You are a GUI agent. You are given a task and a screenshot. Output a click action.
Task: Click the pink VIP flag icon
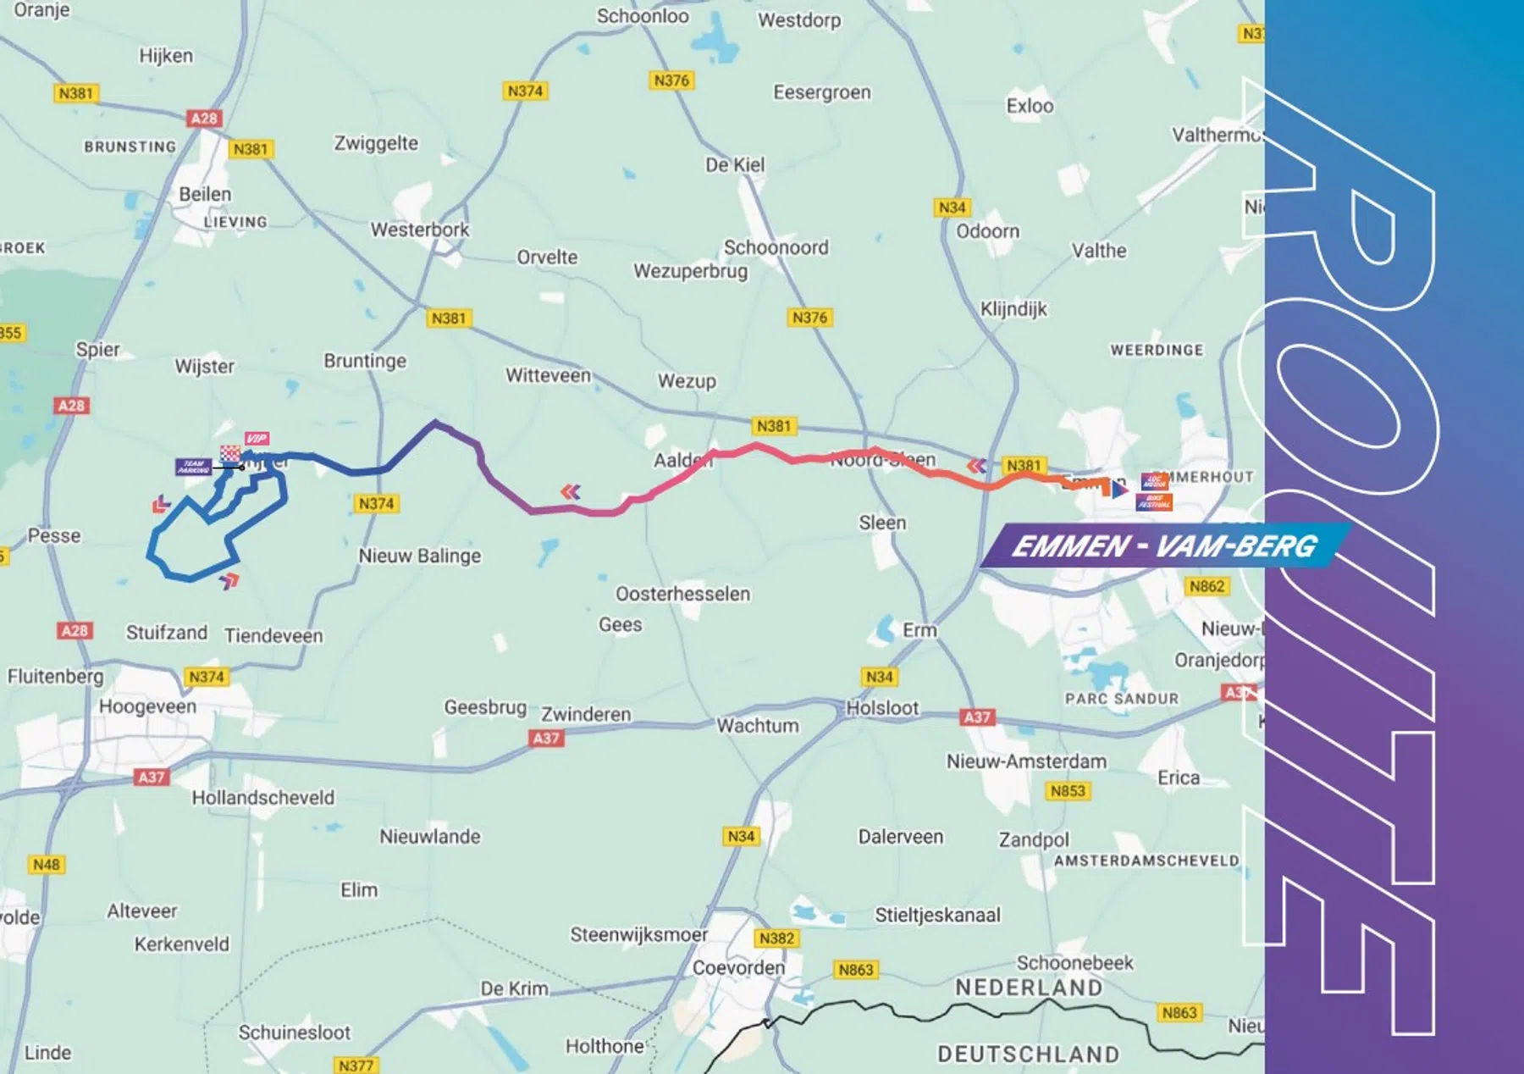click(x=257, y=438)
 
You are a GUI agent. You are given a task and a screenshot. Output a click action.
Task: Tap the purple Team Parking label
click(x=193, y=467)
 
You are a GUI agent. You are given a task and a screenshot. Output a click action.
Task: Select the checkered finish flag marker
click(x=230, y=454)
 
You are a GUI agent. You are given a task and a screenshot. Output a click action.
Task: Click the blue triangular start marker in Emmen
click(x=1119, y=490)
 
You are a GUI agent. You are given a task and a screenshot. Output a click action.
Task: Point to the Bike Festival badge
click(x=1154, y=501)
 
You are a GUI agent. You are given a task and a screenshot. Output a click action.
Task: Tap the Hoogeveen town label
click(x=147, y=706)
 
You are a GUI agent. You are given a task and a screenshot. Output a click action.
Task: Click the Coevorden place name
click(x=738, y=967)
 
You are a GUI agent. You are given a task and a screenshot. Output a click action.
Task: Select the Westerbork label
click(x=419, y=230)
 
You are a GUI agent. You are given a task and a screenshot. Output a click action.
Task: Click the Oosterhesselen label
click(x=682, y=594)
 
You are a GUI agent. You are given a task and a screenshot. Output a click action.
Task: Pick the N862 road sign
click(x=1206, y=586)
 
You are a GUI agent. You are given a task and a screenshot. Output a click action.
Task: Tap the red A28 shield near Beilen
click(x=204, y=119)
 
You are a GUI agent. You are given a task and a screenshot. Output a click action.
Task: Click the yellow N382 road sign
click(x=776, y=938)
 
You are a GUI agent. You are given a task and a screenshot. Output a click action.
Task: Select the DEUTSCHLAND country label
click(x=1028, y=1054)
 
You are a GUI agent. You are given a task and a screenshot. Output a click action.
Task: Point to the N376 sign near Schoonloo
click(x=671, y=80)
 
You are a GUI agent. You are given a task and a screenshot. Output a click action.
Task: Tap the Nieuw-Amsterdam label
click(x=1026, y=761)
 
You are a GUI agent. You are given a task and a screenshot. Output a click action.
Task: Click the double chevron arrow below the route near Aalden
click(x=571, y=492)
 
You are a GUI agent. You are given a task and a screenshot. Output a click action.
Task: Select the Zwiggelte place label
click(x=376, y=143)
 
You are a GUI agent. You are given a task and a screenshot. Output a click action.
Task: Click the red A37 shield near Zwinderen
click(x=546, y=739)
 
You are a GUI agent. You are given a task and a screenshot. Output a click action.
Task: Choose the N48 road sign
click(x=47, y=865)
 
